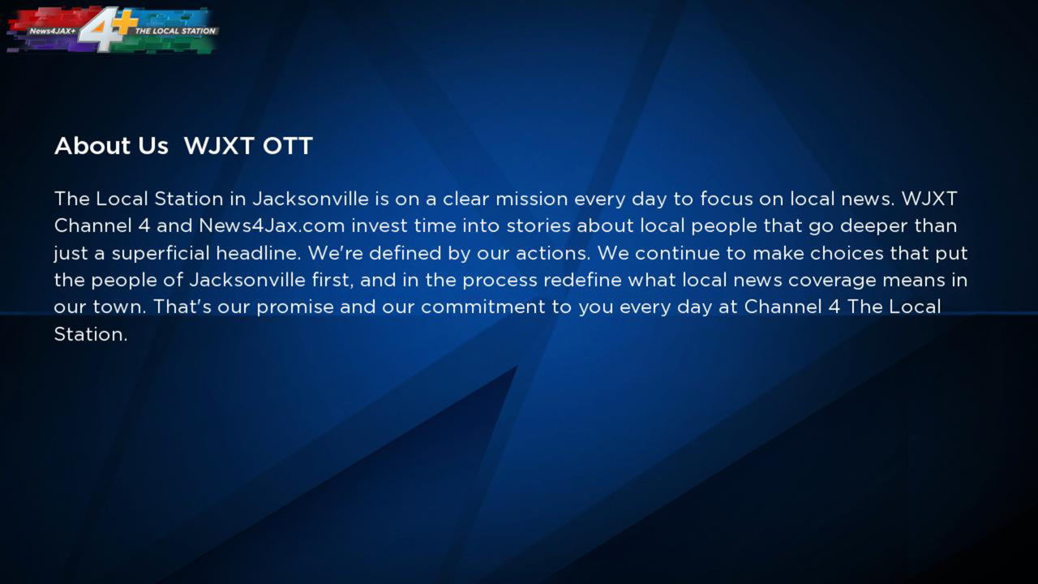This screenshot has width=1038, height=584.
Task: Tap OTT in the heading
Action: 287,146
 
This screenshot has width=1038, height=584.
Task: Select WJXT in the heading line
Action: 219,146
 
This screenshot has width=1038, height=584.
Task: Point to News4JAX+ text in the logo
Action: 52,31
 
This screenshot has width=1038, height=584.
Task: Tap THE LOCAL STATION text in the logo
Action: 176,31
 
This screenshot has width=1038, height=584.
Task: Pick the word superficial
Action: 161,253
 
